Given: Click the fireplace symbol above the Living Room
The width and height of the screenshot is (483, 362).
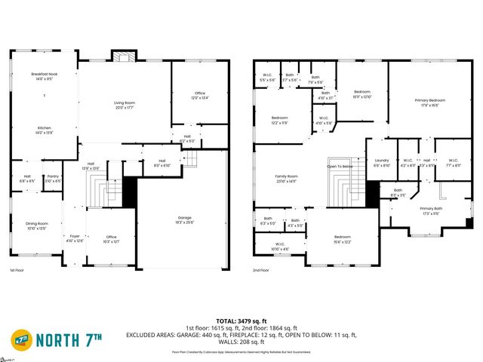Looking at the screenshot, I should (x=122, y=56).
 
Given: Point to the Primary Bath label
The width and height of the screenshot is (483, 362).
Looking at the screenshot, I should (x=431, y=210).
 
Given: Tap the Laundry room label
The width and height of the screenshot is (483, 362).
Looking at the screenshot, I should (x=382, y=161).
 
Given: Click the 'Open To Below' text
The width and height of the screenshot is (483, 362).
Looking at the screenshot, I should (x=340, y=166).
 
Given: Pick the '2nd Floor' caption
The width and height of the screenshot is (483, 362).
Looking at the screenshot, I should (x=261, y=269).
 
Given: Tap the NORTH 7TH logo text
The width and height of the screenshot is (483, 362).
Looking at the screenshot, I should (x=75, y=336).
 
